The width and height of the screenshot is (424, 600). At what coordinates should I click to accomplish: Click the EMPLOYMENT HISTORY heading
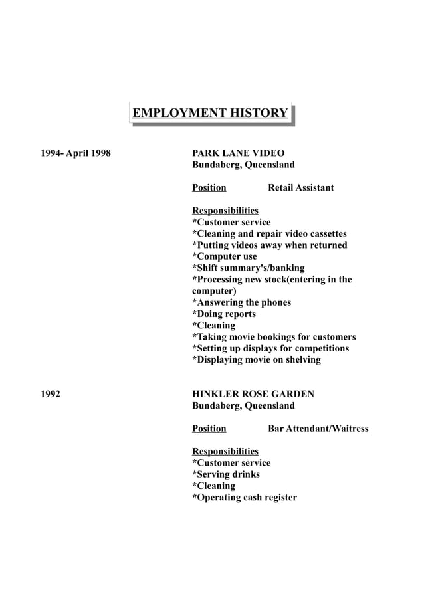[210, 113]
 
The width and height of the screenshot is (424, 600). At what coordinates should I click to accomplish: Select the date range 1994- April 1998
[76, 153]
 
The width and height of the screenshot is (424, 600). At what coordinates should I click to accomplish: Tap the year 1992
[51, 394]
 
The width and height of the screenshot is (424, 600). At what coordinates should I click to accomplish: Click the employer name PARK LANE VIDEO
[238, 153]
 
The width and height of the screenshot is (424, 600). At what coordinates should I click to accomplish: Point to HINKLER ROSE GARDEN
[253, 394]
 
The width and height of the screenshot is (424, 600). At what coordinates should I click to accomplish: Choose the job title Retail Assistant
[300, 188]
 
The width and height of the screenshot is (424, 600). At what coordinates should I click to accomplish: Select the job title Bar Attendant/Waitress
[318, 429]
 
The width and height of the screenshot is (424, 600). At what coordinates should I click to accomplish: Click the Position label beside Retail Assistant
[209, 188]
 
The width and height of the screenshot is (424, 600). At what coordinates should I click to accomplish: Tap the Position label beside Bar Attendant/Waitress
[209, 429]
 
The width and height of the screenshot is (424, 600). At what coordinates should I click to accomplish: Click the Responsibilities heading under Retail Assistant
[225, 211]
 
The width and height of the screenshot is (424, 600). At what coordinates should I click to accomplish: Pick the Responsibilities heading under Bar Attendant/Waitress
[225, 451]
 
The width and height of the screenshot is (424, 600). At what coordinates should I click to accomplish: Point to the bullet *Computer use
[224, 256]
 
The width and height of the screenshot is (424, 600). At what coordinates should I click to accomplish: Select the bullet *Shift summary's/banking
[248, 268]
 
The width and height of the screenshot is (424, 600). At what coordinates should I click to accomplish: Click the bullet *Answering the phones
[241, 302]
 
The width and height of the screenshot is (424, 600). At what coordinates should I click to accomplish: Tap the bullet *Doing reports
[223, 314]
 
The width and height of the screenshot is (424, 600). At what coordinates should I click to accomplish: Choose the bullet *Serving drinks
[225, 474]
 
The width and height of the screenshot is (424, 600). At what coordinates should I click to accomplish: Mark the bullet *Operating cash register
[244, 497]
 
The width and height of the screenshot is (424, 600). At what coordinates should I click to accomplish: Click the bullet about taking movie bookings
[274, 337]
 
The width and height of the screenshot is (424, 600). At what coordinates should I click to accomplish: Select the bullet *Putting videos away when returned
[269, 245]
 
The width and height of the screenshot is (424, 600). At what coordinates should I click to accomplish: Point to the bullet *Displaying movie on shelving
[256, 359]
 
